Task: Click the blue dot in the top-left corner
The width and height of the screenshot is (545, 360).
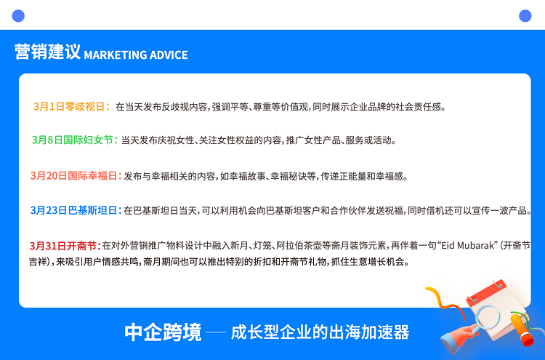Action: pos(18,16)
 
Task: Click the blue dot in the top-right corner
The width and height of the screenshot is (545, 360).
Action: pos(525,16)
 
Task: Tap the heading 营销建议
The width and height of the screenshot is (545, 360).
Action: pos(47,52)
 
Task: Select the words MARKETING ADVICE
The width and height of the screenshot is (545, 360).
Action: pos(136,55)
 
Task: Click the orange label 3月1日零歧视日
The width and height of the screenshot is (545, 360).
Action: pos(71,106)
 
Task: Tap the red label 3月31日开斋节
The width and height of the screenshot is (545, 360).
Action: pos(65,246)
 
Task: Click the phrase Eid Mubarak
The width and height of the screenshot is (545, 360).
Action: pos(467,246)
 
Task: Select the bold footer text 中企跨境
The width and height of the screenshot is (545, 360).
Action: pos(163,332)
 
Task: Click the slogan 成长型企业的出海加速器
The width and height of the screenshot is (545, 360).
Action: pos(320,332)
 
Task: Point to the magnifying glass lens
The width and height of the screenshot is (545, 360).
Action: pos(488,317)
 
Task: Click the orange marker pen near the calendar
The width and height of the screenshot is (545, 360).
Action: pos(522,329)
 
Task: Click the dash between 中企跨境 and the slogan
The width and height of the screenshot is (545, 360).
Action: pos(216,332)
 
